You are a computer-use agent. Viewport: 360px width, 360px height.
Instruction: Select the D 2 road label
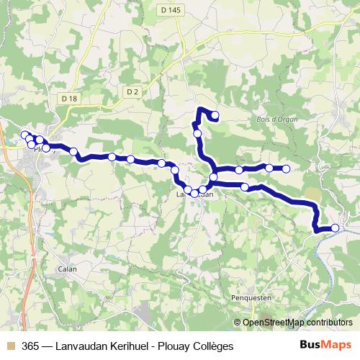(131, 91)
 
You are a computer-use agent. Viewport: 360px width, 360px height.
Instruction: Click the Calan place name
(68, 269)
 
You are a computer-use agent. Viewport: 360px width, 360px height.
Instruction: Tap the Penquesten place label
(251, 297)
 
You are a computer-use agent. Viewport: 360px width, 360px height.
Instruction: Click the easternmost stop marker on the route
(335, 228)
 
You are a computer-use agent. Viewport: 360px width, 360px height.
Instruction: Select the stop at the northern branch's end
(215, 114)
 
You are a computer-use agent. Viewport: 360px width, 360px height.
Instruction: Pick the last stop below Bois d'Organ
(286, 169)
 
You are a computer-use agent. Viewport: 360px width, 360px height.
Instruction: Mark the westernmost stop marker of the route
(24, 135)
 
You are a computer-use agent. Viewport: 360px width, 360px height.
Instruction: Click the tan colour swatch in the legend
(10, 346)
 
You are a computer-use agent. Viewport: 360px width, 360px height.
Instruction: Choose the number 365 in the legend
(31, 346)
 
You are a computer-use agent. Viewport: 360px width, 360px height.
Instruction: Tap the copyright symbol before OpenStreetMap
(238, 323)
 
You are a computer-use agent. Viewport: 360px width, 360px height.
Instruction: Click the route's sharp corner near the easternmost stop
(316, 230)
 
